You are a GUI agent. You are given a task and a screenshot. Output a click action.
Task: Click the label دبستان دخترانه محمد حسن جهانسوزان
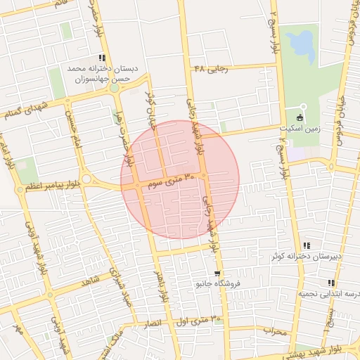(x=102, y=75)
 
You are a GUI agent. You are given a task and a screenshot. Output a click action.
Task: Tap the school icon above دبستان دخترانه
(x=103, y=58)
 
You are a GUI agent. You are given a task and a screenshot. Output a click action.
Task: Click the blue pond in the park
(x=302, y=46)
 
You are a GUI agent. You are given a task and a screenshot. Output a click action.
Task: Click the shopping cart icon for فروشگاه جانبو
(x=217, y=274)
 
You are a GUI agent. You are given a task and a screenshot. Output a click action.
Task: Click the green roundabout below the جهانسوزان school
(x=114, y=88)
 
